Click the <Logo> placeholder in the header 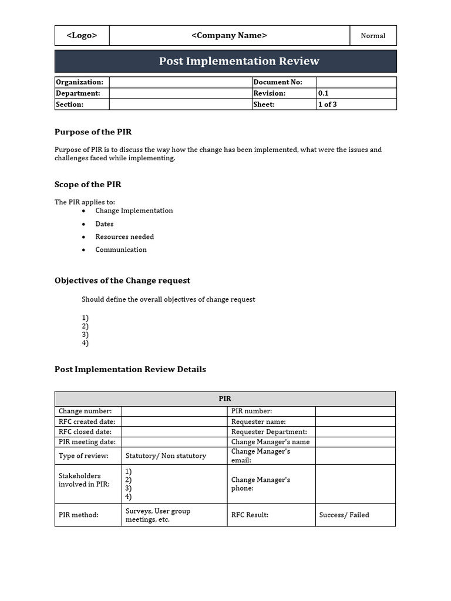point(82,35)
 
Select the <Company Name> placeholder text point(229,35)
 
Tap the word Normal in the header point(373,36)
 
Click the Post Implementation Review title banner point(225,61)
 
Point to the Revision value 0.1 point(324,93)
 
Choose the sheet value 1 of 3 point(328,104)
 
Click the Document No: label point(278,82)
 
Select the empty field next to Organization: point(180,82)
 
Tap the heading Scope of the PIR point(88,184)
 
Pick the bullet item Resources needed point(124,237)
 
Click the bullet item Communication point(121,249)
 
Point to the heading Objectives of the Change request point(122,281)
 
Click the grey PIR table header point(225,399)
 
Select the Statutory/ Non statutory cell point(166,456)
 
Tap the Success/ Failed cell point(344,515)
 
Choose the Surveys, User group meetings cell point(158,515)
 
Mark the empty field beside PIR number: point(355,411)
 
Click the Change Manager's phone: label point(261,484)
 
